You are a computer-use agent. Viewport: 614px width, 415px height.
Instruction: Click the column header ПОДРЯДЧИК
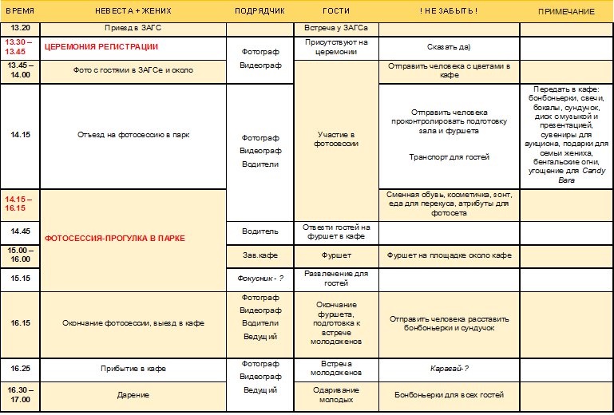point(259,11)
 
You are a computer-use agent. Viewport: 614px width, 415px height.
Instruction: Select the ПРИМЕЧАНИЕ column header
point(566,11)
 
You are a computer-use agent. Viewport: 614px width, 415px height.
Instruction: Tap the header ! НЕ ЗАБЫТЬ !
point(448,11)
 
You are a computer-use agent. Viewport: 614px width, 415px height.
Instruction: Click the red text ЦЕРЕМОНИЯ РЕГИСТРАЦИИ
point(101,46)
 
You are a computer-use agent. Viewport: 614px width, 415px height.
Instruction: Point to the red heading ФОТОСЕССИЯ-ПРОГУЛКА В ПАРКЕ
point(115,238)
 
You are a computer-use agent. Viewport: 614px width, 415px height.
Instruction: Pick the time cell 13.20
point(20,27)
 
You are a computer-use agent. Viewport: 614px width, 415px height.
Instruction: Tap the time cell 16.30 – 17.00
point(20,393)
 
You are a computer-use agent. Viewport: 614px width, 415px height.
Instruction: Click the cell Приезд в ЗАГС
point(133,27)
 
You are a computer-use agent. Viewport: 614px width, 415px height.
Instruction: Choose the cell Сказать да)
point(448,47)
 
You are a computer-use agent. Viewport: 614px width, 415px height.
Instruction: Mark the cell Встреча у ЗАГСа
point(336,27)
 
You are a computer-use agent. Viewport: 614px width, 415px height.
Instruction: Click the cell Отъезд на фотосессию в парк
point(133,135)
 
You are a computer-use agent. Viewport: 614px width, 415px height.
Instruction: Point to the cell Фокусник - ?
point(260,279)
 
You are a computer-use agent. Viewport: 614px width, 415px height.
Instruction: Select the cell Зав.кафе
point(260,255)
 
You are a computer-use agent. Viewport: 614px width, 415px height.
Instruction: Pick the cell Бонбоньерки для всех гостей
point(449,394)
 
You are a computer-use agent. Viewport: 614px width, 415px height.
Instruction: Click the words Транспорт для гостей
point(449,156)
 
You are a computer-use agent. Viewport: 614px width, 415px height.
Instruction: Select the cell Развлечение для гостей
point(336,279)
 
